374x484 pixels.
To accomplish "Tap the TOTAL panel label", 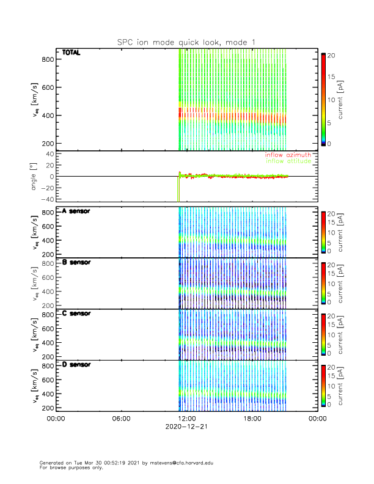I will pos(71,53).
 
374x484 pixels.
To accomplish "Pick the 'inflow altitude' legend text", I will pos(289,163).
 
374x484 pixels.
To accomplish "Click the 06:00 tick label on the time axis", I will pos(122,419).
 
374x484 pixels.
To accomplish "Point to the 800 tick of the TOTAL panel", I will pos(46,59).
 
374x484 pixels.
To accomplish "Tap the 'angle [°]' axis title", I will pos(35,177).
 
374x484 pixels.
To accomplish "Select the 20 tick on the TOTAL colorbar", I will pos(331,55).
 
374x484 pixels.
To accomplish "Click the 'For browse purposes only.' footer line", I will pos(68,468).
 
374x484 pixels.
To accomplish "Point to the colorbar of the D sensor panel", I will pos(323,386).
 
